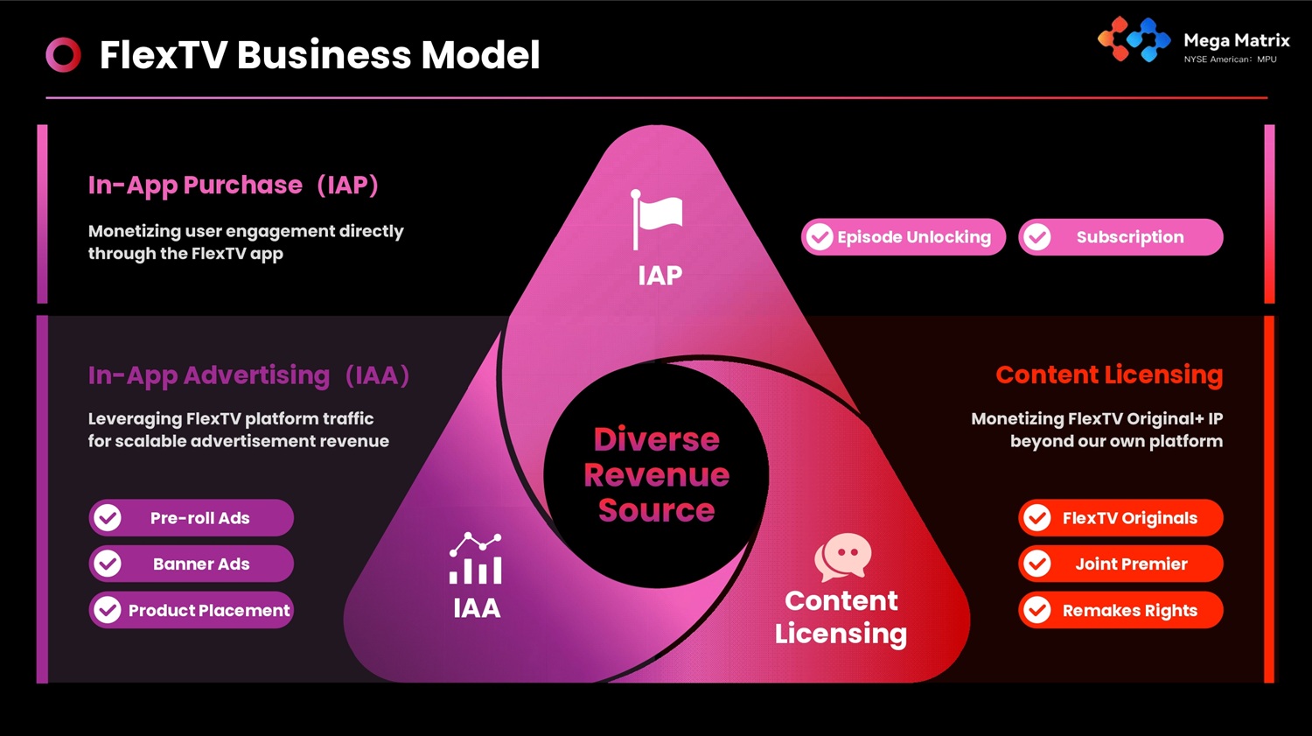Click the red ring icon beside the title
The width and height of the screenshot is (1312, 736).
(63, 54)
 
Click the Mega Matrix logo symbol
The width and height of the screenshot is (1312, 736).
(1134, 40)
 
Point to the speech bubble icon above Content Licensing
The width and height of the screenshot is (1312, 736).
(842, 557)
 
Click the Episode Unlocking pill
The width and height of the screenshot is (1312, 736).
(904, 237)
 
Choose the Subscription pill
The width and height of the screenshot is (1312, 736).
(1120, 237)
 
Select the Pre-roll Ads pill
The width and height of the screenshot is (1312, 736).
(191, 518)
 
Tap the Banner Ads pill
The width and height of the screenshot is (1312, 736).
(191, 564)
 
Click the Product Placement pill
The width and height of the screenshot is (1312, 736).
(191, 610)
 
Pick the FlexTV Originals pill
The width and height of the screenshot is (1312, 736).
(1120, 518)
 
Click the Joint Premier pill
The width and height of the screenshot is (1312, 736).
(1120, 564)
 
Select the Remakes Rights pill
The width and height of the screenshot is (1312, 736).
(1120, 610)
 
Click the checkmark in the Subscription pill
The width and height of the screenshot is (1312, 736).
(1037, 237)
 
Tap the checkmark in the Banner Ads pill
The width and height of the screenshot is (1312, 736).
(108, 564)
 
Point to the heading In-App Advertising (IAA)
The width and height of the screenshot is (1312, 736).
(248, 375)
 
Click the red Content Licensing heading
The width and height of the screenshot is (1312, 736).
(1109, 375)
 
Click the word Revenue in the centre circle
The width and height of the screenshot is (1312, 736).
(656, 475)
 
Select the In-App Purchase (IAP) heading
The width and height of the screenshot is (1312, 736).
(233, 186)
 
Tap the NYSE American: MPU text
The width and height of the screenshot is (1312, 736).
(1230, 60)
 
